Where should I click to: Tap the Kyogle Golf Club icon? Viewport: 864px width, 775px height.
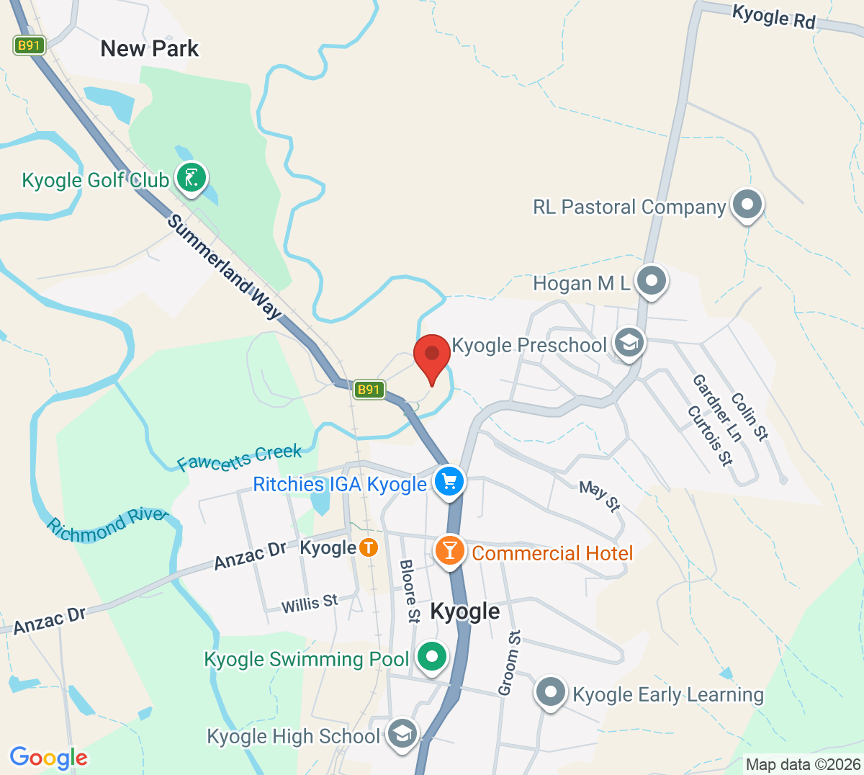[x=192, y=178]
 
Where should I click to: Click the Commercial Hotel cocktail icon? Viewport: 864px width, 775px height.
[x=450, y=552]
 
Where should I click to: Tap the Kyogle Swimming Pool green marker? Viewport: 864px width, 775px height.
[x=432, y=657]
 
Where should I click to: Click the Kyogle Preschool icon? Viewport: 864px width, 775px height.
[x=629, y=344]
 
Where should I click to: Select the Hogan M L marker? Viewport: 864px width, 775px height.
[x=652, y=282]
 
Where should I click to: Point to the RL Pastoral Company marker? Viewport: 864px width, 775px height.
[x=747, y=205]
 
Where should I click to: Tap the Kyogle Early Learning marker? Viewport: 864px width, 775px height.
[x=552, y=692]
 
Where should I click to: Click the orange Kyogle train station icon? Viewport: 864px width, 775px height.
[x=369, y=547]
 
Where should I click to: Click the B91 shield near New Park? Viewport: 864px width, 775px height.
[x=29, y=46]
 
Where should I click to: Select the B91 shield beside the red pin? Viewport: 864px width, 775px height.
[x=369, y=390]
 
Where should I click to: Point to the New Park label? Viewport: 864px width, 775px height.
[x=150, y=49]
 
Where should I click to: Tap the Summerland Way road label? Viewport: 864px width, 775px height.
[x=224, y=267]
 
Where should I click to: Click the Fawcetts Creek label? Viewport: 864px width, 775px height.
[x=240, y=458]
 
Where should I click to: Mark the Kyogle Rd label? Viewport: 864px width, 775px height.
[x=773, y=17]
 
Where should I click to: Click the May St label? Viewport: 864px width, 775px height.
[x=600, y=496]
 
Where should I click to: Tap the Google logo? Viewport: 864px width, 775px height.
[x=49, y=757]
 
